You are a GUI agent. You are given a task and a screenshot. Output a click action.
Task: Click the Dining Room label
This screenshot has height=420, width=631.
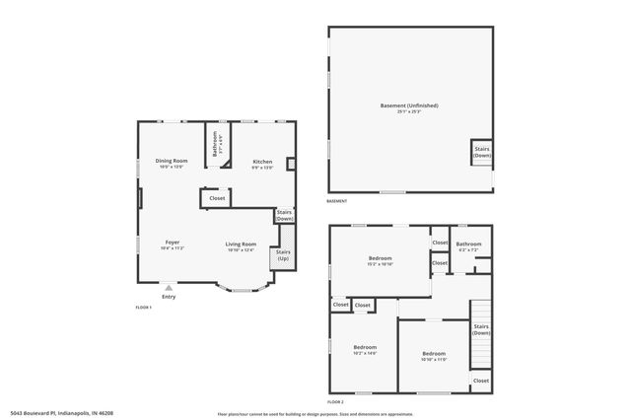(x=172, y=162)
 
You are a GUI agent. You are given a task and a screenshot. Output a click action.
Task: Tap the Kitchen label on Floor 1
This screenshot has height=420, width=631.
(x=262, y=163)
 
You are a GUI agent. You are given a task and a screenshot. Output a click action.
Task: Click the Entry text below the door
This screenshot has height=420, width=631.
(x=169, y=297)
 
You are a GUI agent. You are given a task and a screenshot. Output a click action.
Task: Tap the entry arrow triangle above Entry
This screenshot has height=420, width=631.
(x=169, y=288)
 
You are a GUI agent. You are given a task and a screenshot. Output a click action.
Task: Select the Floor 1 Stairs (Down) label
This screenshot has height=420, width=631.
(x=284, y=215)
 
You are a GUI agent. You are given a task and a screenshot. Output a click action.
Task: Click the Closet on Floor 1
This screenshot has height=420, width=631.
(x=217, y=198)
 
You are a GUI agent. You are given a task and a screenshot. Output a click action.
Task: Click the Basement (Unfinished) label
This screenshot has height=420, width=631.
(x=409, y=106)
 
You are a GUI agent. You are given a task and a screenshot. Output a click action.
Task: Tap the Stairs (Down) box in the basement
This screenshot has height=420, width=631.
(x=482, y=152)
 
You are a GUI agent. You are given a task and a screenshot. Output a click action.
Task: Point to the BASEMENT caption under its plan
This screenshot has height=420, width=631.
(x=337, y=202)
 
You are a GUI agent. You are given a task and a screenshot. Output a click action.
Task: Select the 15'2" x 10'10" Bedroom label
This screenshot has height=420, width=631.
(x=380, y=260)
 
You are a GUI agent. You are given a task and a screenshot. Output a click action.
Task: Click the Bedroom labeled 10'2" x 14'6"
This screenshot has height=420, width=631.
(x=365, y=349)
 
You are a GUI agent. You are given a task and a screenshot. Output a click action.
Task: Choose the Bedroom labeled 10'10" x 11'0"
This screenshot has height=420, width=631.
(x=435, y=355)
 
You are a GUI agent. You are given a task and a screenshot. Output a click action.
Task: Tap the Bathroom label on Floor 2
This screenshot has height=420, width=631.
(x=468, y=245)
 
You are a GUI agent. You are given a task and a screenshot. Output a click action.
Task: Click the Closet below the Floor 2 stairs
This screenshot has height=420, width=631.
(x=481, y=381)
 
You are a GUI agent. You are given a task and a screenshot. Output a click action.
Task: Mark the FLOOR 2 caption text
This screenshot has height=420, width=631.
(x=335, y=402)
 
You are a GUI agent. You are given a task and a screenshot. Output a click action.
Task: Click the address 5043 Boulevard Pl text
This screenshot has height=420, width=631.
(x=60, y=412)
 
